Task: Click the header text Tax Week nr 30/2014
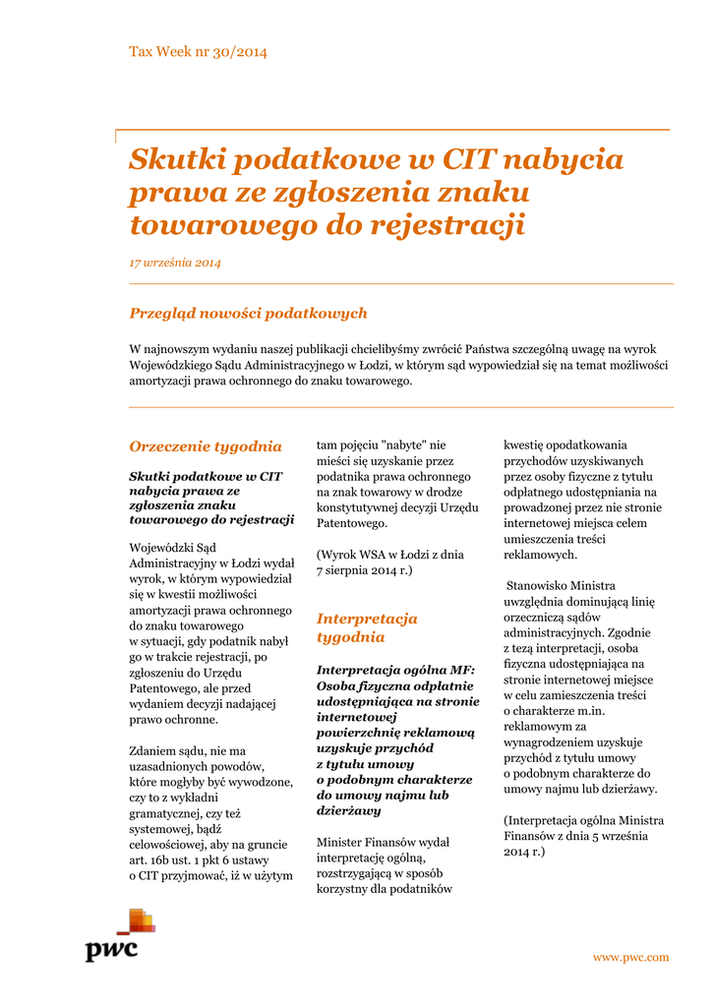[198, 52]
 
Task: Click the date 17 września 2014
[175, 263]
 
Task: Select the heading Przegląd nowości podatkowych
[248, 313]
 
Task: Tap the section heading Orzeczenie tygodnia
[206, 445]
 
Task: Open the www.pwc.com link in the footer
[629, 957]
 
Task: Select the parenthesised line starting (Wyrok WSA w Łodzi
[389, 554]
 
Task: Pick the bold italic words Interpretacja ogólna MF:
[395, 669]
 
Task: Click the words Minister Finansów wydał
[383, 842]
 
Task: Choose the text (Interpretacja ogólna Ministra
[583, 820]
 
